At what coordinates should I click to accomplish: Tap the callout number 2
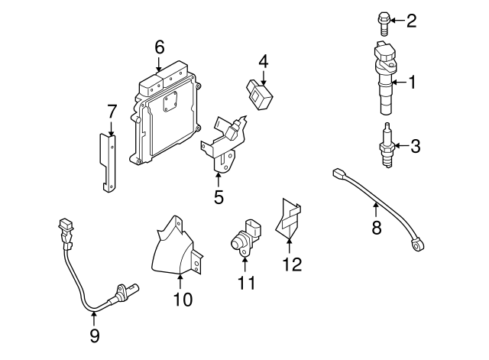412,21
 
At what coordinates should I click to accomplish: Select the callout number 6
160,47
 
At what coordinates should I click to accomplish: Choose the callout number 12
292,264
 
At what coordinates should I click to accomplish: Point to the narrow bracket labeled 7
109,161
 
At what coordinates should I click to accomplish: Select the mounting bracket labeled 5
224,144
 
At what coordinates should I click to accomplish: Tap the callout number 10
183,300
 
